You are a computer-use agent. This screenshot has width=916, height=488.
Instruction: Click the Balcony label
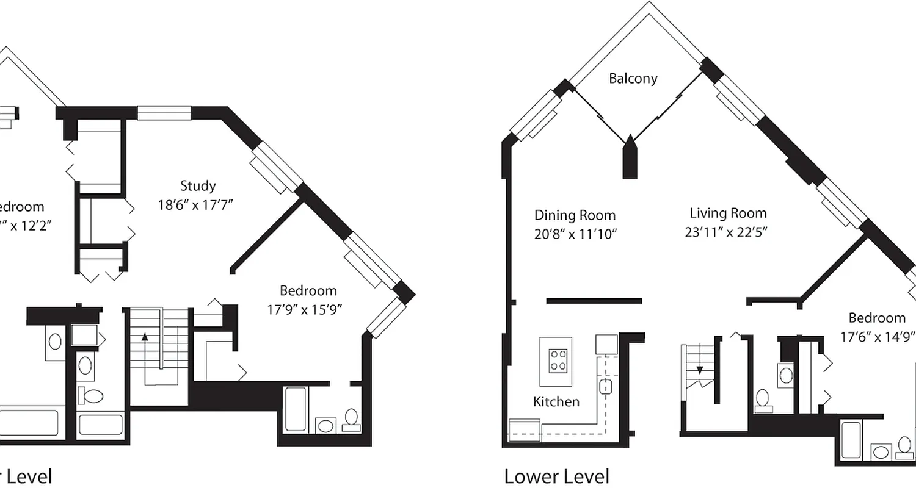click(x=633, y=79)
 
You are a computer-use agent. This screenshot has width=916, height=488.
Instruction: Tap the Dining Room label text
click(x=575, y=215)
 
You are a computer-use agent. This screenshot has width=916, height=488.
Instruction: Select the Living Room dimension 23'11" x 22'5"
click(x=727, y=232)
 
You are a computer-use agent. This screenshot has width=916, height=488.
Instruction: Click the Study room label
click(x=197, y=185)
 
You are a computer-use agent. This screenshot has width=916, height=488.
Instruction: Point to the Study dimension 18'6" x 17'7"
click(x=196, y=205)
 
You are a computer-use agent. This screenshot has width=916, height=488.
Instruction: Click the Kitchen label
click(x=556, y=401)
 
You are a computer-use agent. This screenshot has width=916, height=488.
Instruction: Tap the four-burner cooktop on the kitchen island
click(x=556, y=359)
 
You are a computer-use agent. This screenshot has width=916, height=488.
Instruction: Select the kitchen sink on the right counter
click(x=606, y=386)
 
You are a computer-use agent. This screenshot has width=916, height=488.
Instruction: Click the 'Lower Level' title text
click(x=556, y=476)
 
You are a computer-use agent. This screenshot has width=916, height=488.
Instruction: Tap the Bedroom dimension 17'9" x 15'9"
click(x=304, y=310)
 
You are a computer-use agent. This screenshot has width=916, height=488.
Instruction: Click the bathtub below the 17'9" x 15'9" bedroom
click(x=296, y=409)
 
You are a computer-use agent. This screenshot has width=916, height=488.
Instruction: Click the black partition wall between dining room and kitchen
click(x=594, y=301)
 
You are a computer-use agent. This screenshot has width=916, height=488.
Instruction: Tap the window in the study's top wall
click(x=164, y=113)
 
